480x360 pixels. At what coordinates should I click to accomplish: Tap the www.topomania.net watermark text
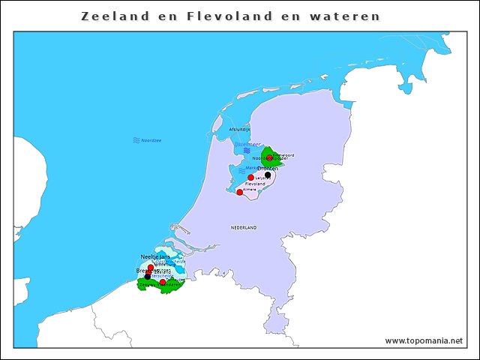[423, 340]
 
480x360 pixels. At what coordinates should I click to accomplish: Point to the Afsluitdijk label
[240, 130]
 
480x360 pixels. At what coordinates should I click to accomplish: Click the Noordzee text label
[151, 140]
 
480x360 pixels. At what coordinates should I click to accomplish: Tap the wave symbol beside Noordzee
[136, 140]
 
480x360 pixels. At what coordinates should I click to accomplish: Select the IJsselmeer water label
[247, 144]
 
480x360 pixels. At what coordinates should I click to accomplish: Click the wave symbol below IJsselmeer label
[246, 151]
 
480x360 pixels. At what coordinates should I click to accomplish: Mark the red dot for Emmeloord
[270, 157]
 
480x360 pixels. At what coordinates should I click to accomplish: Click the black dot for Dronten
[268, 175]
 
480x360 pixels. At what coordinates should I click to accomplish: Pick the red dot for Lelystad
[250, 178]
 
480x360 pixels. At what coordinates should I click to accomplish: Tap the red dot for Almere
[239, 192]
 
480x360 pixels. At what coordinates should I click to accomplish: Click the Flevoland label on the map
[255, 184]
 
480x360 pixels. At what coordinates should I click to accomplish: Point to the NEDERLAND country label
[244, 227]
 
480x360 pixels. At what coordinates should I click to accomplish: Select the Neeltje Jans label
[155, 256]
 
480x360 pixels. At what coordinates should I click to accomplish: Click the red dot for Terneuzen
[163, 282]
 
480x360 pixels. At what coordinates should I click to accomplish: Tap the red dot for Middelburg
[151, 268]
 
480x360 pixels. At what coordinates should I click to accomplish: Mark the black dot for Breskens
[148, 276]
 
